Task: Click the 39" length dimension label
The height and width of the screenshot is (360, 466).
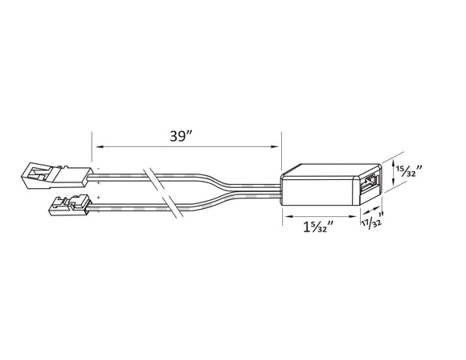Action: (x=182, y=136)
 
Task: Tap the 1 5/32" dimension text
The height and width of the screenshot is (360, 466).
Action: (x=317, y=227)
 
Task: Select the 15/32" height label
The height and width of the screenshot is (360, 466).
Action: (x=411, y=171)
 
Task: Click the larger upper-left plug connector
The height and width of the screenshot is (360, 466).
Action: (x=57, y=175)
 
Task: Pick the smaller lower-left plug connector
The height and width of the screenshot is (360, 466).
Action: (x=69, y=205)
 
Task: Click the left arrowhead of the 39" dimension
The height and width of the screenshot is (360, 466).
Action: (x=97, y=146)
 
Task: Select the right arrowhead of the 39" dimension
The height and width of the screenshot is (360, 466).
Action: (x=276, y=146)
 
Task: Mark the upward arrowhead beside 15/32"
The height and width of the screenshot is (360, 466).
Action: (x=393, y=162)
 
